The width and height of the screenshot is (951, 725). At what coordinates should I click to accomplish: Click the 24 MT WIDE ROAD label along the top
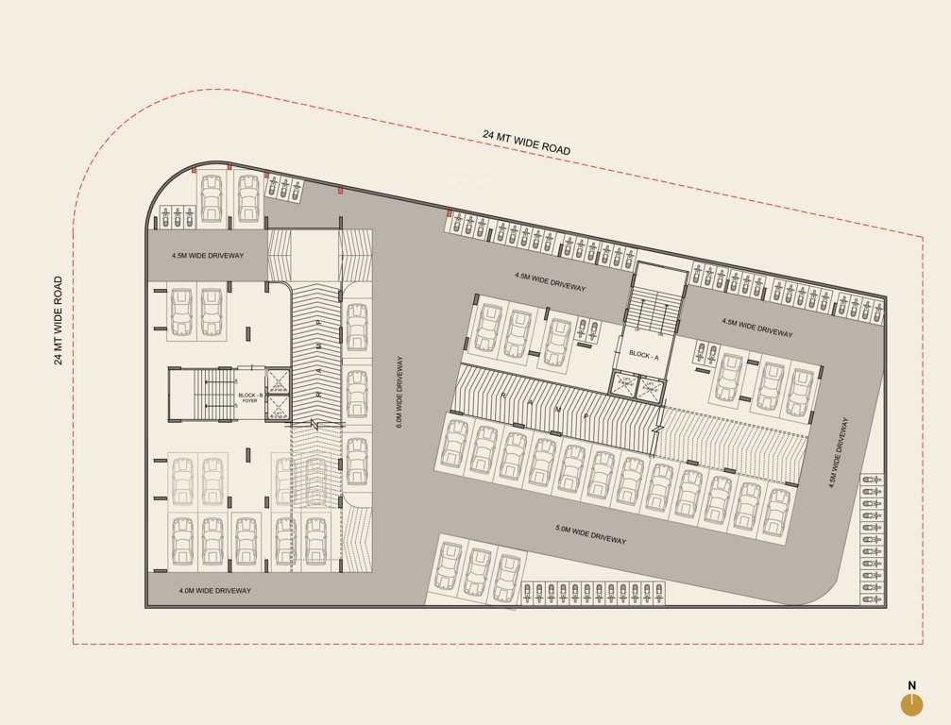tap(526, 143)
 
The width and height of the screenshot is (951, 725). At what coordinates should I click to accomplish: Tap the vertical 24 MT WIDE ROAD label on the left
tap(59, 320)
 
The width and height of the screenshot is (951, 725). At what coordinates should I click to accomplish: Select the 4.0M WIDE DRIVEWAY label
tap(215, 591)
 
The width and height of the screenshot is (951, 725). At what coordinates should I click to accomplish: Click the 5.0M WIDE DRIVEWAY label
tap(590, 533)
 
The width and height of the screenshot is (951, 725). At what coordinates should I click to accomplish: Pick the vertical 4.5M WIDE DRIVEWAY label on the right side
tap(832, 452)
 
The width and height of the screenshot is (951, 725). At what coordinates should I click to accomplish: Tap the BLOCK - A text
tap(643, 356)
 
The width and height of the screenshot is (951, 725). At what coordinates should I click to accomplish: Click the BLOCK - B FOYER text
tap(249, 397)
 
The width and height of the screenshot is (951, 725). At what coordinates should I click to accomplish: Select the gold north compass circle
tap(911, 704)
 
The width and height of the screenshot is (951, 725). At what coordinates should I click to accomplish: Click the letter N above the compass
tap(911, 686)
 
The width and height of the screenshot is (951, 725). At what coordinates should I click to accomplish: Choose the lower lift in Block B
tap(280, 409)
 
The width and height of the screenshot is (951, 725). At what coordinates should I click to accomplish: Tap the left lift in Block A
tap(624, 383)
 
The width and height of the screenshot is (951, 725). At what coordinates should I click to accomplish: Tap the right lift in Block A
tap(651, 385)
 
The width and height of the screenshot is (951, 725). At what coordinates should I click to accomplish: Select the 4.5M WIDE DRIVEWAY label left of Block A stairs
tap(550, 281)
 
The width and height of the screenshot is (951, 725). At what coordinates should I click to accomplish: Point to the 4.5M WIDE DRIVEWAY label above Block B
tap(208, 256)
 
